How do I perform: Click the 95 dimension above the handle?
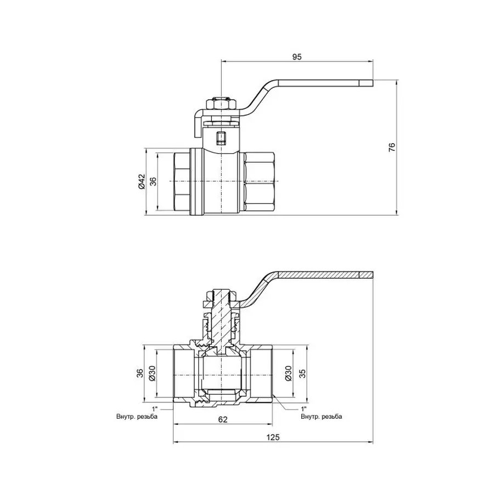coord(297,57)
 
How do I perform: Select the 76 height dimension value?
coord(391,147)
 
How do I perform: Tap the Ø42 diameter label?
coord(141,181)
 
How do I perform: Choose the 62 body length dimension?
coord(223,419)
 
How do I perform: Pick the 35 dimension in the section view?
coord(301,373)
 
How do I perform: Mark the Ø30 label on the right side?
coord(289,373)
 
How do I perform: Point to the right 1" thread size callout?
coord(304,409)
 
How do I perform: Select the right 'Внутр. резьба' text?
coord(321,417)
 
